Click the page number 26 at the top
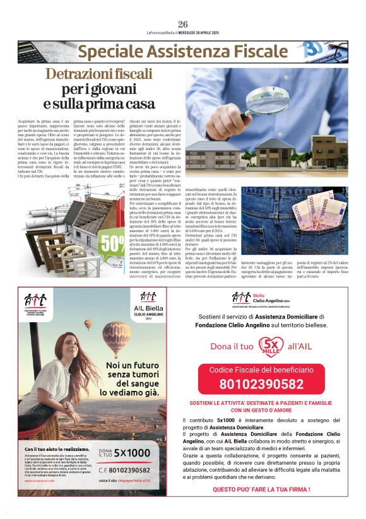(182, 24)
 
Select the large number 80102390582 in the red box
(261, 383)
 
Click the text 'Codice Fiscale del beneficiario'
(261, 369)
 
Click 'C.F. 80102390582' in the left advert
(125, 470)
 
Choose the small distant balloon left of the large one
(88, 324)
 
